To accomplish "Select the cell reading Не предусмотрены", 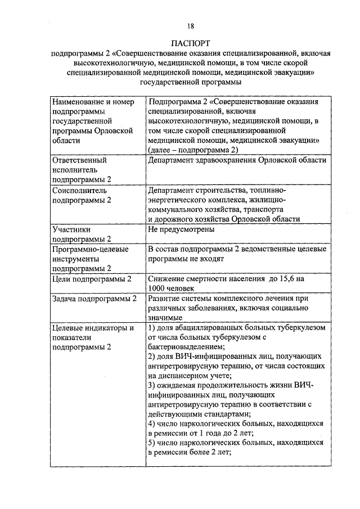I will (180, 229).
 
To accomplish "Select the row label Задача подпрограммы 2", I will (94, 299).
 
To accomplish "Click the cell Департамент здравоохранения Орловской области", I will (236, 160).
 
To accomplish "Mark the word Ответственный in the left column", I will (79, 160).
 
